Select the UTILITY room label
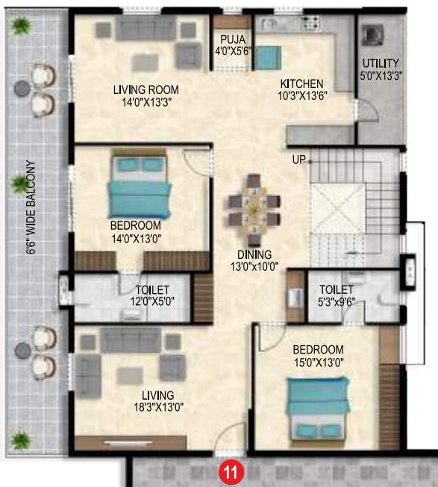pyautogui.click(x=381, y=63)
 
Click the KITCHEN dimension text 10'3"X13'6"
pyautogui.click(x=301, y=96)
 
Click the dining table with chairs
pyautogui.click(x=254, y=201)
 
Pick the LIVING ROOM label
pyautogui.click(x=146, y=90)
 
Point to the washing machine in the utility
pyautogui.click(x=371, y=37)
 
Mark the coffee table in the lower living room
pyautogui.click(x=131, y=374)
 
